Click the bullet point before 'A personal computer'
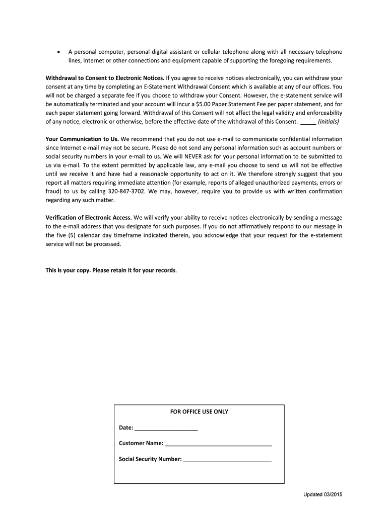pos(59,52)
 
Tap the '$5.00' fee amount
pos(203,104)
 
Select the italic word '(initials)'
pos(329,122)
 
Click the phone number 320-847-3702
pos(125,191)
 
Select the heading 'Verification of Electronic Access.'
pos(89,218)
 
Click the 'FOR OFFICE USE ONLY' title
pos(199,411)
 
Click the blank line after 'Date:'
pos(166,428)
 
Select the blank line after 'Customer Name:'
pos(218,444)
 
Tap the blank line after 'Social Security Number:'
pos(227,460)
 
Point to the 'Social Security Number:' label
pos(150,459)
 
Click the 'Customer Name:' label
pos(141,443)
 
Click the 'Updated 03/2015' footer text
pos(322,494)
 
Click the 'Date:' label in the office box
pos(126,427)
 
